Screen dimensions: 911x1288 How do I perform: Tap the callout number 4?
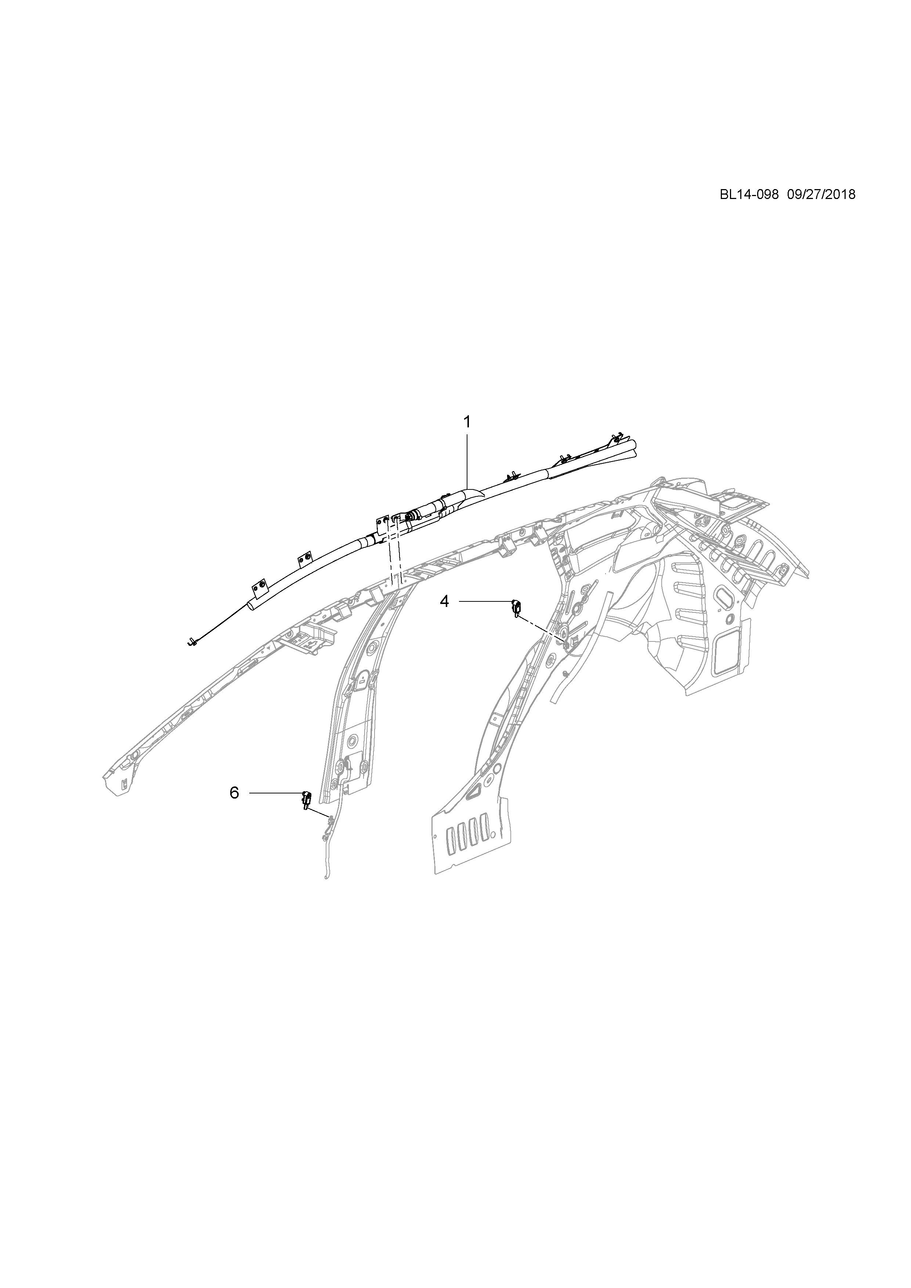(x=444, y=601)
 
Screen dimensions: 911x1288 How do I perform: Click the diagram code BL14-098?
(x=749, y=195)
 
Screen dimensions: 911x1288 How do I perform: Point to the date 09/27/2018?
(x=821, y=195)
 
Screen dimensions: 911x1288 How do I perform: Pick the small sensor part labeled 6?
(x=306, y=798)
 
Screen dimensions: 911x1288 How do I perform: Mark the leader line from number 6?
(x=275, y=793)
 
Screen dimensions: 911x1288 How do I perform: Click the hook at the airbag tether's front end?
(x=192, y=641)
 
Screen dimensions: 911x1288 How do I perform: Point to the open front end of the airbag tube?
(x=251, y=607)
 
